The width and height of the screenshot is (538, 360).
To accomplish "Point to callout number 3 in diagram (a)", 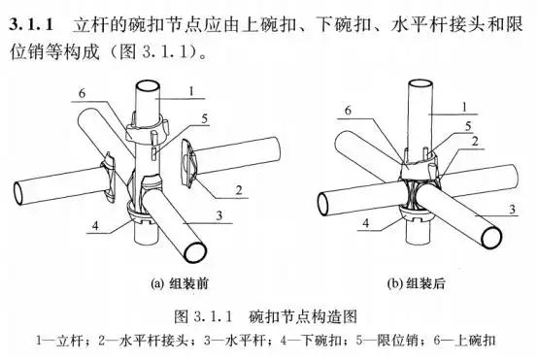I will coord(222,214).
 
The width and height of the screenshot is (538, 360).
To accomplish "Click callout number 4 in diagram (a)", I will coord(94,229).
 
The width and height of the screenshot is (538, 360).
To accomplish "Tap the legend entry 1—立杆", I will coord(60,341).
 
